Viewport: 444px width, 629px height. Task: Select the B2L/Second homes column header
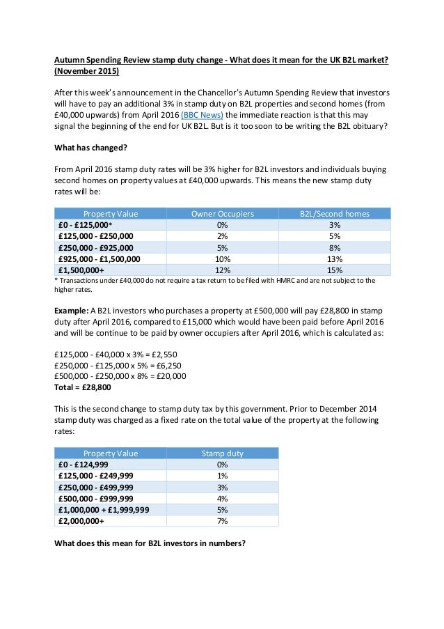334,214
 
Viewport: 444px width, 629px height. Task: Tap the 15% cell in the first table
334,270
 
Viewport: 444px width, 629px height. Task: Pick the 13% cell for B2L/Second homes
334,259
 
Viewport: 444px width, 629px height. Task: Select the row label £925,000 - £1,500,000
100,259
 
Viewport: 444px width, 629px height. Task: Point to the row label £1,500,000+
81,270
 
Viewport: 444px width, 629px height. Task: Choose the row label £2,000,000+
81,521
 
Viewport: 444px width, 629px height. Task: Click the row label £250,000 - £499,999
95,487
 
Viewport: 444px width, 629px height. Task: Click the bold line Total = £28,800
82,387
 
